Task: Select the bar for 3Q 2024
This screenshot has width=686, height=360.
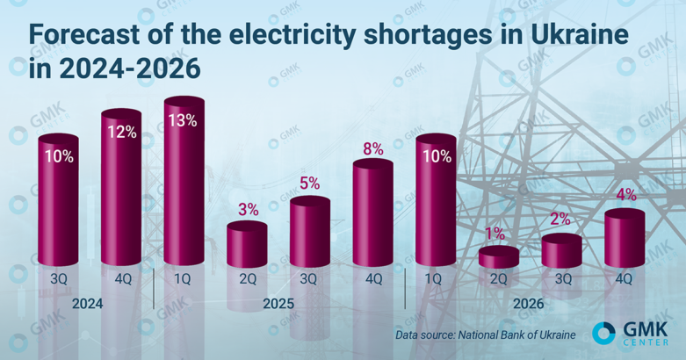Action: (x=58, y=206)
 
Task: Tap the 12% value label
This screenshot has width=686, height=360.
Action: (x=121, y=133)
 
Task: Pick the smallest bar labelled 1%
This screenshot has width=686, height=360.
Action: (x=499, y=256)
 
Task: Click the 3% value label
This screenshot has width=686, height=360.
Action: (x=248, y=209)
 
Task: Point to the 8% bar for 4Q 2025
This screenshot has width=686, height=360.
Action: (x=372, y=215)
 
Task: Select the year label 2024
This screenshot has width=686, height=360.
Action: (x=89, y=304)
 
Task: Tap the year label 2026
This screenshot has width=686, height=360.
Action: (x=529, y=304)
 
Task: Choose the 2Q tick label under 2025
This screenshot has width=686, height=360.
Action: (x=247, y=279)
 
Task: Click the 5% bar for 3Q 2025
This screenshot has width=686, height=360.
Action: (x=310, y=233)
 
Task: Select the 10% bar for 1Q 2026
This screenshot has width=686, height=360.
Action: (x=436, y=206)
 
